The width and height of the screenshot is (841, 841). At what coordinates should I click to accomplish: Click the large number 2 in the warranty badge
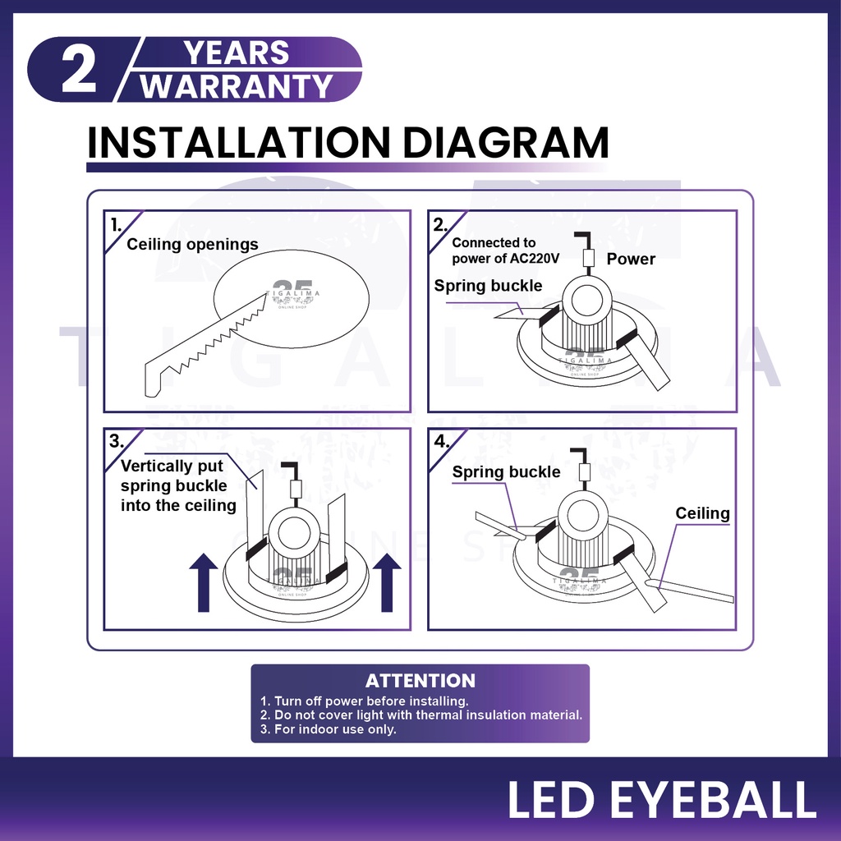click(x=79, y=70)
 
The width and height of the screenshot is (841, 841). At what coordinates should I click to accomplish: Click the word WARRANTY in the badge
click(x=237, y=86)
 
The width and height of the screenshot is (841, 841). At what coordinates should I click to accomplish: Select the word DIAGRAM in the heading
click(x=505, y=143)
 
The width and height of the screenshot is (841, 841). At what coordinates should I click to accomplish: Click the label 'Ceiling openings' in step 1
click(x=192, y=245)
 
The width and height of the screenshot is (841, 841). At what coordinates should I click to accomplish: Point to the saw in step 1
click(x=206, y=345)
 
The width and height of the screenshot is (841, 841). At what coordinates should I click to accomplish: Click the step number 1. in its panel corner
click(x=116, y=225)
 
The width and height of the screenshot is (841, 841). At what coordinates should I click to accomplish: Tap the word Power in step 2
click(x=631, y=259)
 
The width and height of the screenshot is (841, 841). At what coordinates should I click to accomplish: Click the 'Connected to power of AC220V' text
click(x=505, y=250)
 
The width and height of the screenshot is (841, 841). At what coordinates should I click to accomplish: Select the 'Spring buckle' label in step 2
click(x=488, y=286)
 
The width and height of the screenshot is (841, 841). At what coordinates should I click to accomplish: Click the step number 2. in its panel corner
click(x=440, y=225)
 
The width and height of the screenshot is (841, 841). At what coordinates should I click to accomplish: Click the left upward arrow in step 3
click(x=204, y=583)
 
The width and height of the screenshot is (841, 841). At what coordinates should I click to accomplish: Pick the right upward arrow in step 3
click(x=387, y=583)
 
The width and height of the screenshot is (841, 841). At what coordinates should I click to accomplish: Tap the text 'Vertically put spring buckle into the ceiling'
click(x=178, y=486)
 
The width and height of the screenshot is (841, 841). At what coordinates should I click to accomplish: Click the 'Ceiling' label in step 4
click(x=703, y=513)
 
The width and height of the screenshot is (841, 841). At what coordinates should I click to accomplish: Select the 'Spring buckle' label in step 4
click(x=506, y=472)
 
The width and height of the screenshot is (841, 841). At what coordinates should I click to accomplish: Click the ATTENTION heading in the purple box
click(x=420, y=681)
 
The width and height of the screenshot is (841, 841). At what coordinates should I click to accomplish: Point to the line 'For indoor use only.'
click(x=329, y=729)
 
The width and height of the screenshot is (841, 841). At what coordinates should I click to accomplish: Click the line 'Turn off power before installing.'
click(x=364, y=701)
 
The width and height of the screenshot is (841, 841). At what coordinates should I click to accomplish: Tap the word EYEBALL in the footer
click(x=714, y=800)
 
